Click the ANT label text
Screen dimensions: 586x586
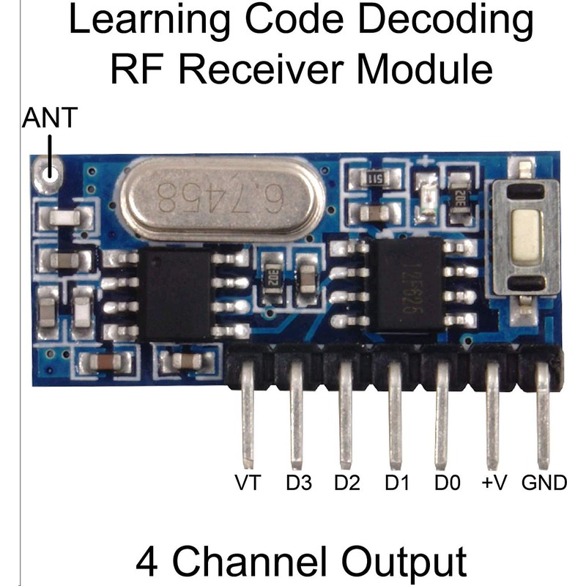[x=51, y=119]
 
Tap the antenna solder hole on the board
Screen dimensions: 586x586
[x=51, y=173]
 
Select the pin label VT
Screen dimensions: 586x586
[x=248, y=484]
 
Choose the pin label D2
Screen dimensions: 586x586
[x=346, y=484]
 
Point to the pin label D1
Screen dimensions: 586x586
[x=396, y=484]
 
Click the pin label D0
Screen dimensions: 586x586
[x=446, y=484]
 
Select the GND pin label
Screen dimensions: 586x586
[x=544, y=484]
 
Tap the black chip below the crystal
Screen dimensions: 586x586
[x=176, y=294]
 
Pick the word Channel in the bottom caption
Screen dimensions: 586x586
[x=248, y=563]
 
